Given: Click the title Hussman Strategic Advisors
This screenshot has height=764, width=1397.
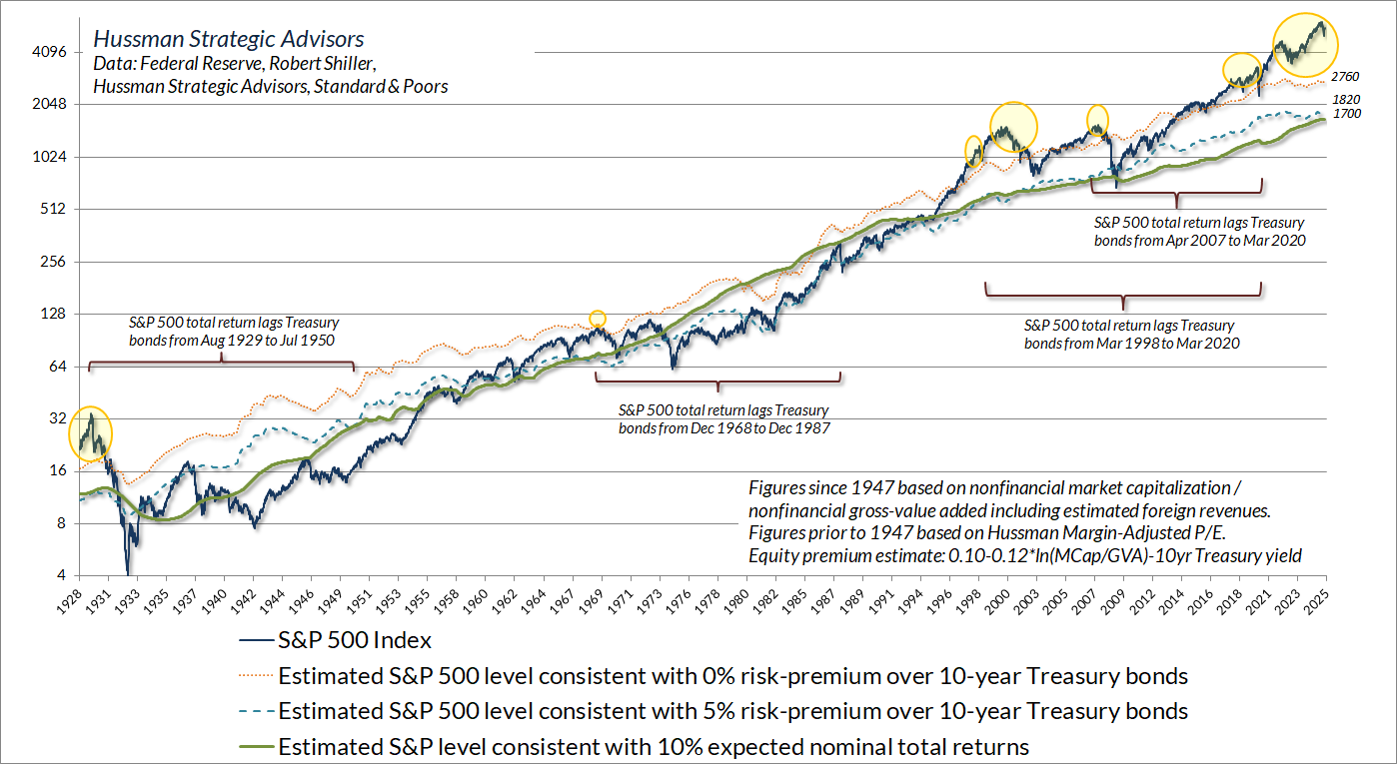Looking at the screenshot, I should point(228,40).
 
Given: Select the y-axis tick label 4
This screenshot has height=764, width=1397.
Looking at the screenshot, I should point(60,576).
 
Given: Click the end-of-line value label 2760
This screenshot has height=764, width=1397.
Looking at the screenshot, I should point(1346,77).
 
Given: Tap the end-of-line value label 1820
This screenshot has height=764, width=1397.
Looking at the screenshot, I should point(1346,101).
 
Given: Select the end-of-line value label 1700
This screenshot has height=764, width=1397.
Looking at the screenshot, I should point(1346,114).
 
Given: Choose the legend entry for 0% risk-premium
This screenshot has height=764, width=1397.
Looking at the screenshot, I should point(732,676).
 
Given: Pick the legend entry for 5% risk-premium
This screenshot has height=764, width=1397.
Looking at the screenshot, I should point(732,711).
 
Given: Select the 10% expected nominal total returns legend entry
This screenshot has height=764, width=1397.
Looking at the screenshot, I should point(654,746).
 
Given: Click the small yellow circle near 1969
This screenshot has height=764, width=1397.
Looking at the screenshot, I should point(597,319).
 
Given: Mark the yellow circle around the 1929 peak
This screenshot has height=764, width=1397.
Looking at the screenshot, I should point(90,434).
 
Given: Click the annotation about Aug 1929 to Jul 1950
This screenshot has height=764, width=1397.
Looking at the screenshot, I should point(234,332).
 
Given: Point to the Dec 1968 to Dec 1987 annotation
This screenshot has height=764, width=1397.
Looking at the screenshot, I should point(723,418).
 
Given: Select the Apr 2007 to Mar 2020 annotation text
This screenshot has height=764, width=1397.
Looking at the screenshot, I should point(1200,232).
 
